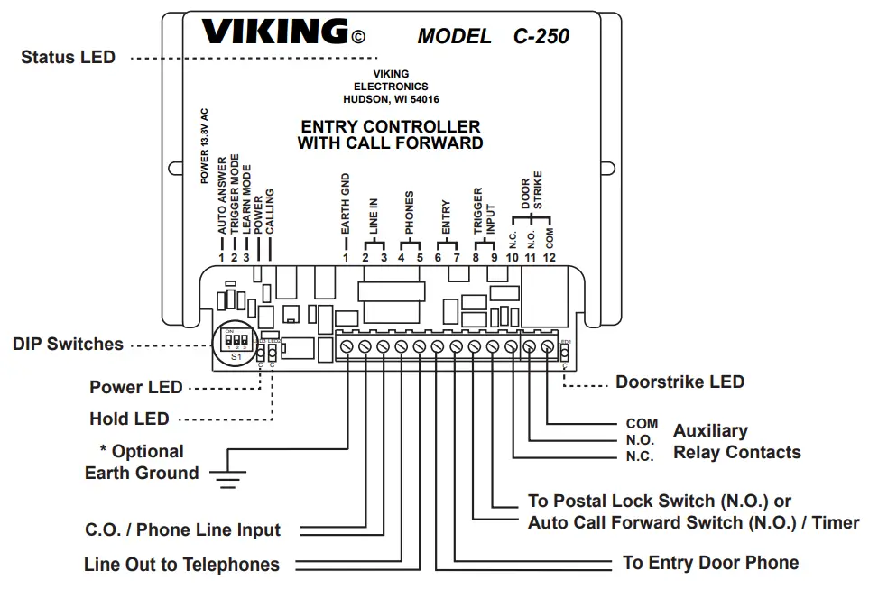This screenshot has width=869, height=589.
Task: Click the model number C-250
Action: point(541,37)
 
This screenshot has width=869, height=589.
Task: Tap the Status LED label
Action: point(68,57)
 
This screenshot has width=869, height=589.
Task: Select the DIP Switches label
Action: point(68,344)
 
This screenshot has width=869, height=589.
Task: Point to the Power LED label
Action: point(135,387)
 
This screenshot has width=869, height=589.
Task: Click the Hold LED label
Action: point(129,419)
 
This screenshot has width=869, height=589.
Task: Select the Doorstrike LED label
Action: point(679,382)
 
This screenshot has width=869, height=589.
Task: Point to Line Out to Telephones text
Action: point(181,565)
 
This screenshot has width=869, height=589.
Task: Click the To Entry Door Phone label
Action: point(710,563)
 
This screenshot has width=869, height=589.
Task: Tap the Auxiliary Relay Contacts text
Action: point(735,441)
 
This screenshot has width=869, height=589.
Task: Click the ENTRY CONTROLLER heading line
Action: point(390,126)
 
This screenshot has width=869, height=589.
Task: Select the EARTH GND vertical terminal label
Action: point(346,206)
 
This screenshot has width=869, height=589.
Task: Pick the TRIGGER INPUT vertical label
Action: point(485,213)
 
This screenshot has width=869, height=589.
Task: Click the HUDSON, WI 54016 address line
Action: point(390,99)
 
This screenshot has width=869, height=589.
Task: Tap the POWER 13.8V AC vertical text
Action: point(205,146)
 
